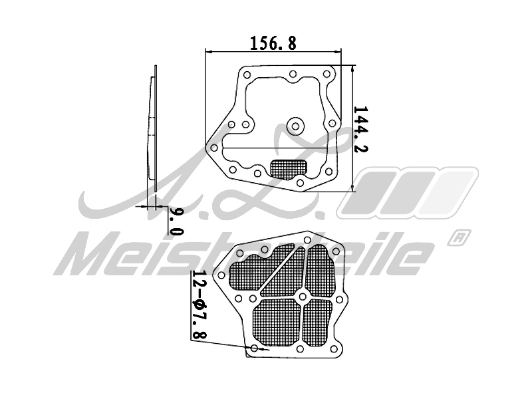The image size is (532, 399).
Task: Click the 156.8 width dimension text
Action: [x=273, y=43]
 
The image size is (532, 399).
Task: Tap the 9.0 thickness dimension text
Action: [x=176, y=221]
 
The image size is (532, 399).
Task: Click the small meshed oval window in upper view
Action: [x=289, y=168]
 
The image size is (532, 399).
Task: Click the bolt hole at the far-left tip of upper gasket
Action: [x=213, y=148]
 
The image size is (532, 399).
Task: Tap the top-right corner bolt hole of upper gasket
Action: [x=326, y=74]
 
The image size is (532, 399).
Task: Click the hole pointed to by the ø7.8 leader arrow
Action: [x=255, y=348]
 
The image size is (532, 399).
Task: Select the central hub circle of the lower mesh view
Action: [x=302, y=296]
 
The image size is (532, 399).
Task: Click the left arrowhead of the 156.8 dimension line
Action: [x=210, y=51]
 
